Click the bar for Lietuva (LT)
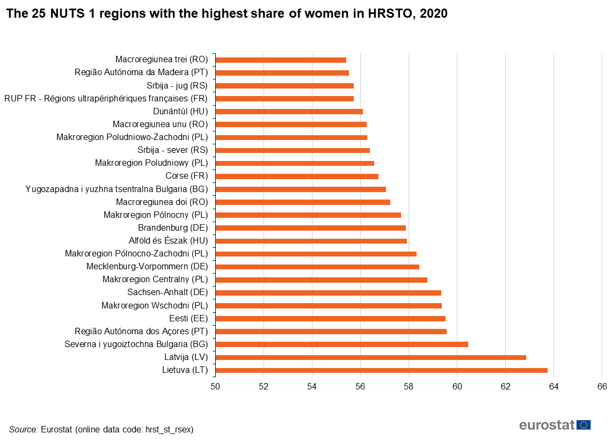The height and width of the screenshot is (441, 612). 381,370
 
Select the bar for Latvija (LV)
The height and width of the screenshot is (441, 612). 370,357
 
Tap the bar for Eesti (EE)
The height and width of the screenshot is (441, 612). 330,319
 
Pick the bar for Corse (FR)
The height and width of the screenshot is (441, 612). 297,176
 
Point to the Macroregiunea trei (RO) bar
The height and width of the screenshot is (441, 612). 281,60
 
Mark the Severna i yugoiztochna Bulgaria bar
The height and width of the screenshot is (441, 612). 341,344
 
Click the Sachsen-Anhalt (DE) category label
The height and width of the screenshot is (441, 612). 167,292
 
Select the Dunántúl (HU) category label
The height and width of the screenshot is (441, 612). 180,112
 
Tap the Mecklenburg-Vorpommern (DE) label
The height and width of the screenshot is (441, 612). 147,267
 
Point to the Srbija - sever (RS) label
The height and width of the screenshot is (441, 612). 173,150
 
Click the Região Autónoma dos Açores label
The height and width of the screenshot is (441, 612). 141,331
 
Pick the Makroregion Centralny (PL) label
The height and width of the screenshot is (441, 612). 155,280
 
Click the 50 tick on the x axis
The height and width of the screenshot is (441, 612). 215,386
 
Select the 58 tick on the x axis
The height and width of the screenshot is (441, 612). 409,386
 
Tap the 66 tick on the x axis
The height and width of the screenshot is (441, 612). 602,386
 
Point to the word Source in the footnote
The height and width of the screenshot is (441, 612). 23,429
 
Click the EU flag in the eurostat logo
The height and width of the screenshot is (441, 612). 584,425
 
